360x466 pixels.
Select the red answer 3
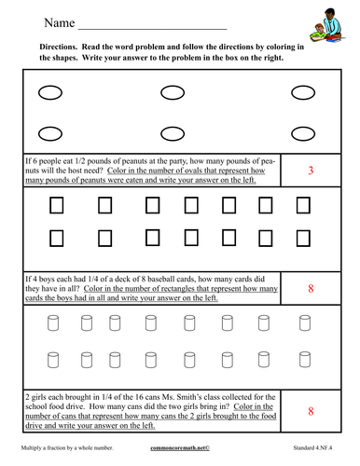tap(310, 171)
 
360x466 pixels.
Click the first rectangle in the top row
tap(55, 203)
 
